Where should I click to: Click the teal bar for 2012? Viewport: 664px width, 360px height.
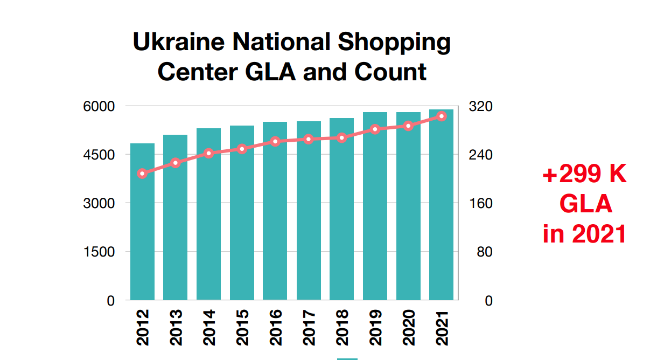pos(142,226)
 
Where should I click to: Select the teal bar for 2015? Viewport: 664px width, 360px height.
pos(242,216)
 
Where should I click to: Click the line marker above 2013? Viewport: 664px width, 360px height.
pos(176,163)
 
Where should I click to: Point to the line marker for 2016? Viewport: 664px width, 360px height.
pos(275,142)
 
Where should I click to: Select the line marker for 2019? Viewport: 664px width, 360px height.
pos(375,129)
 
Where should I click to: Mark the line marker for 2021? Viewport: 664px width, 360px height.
pos(442,116)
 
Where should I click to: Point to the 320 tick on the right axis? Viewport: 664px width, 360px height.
pos(481,107)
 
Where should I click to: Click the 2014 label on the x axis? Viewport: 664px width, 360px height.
pos(209,327)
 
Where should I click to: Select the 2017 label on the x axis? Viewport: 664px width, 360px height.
pos(309,327)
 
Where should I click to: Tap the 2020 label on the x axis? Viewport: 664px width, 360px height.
pos(408,327)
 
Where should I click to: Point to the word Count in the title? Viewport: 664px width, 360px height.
pos(392,72)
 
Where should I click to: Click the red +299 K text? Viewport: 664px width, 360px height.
pos(585,175)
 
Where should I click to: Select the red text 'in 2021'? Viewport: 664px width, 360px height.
pos(585,234)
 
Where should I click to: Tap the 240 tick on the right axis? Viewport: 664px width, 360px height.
pos(481,155)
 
